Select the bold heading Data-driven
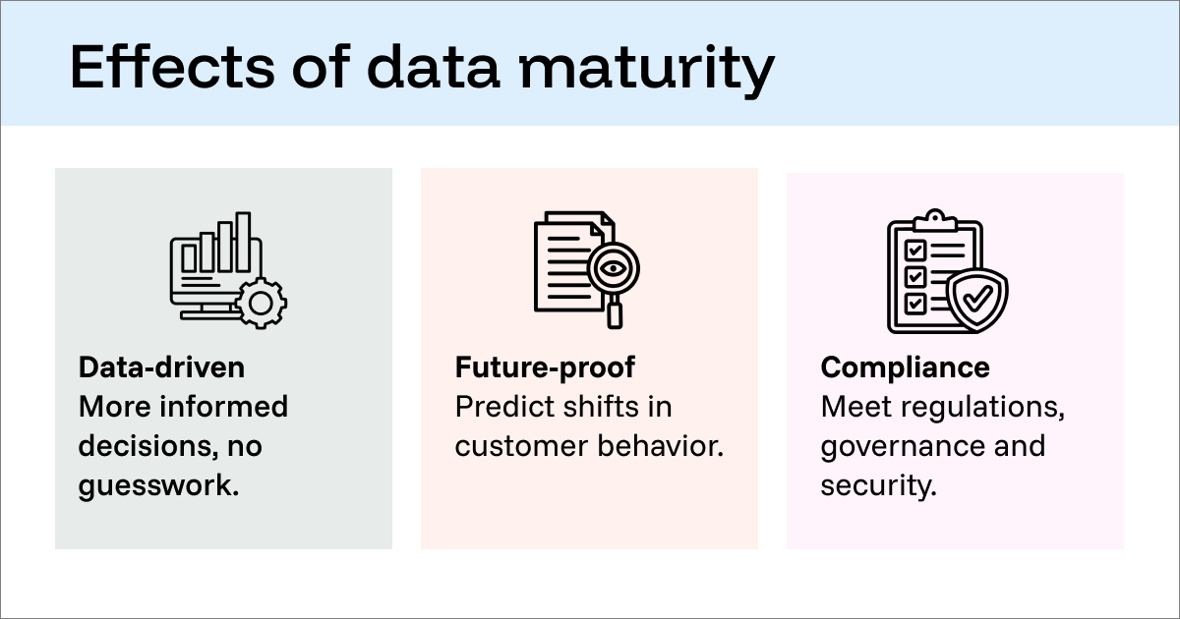pos(161,367)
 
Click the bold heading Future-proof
pos(545,367)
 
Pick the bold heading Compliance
pos(905,367)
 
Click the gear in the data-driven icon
pos(260,303)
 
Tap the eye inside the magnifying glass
pos(613,265)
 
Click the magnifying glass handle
pos(615,312)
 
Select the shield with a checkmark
pos(975,299)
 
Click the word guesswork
pos(159,485)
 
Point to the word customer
pos(520,446)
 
